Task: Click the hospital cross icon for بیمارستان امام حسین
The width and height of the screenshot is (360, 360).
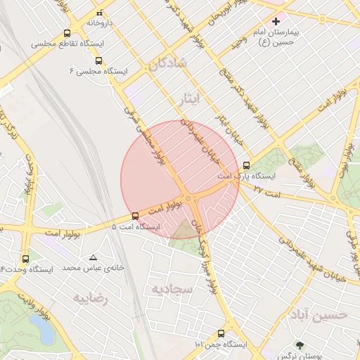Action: coord(276,21)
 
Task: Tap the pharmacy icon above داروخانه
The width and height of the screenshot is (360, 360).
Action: coord(99,13)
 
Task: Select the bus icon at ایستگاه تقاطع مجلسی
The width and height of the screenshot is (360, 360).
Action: coord(67,33)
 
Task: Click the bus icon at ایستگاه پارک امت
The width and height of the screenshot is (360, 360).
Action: coord(245,165)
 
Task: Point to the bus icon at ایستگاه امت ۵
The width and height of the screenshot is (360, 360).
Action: coord(135,216)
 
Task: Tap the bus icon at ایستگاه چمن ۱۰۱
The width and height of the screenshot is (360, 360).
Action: coord(221,333)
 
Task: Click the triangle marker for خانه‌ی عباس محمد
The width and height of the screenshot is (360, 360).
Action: coord(93,257)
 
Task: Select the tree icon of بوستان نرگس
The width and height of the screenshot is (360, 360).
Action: coord(300,345)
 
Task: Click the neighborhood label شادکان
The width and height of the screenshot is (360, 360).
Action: coord(167,63)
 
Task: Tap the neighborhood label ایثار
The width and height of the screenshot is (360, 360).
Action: coord(189,99)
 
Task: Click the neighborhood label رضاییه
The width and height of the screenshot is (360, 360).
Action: coord(90,298)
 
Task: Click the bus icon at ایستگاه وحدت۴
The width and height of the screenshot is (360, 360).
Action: coord(26,258)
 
